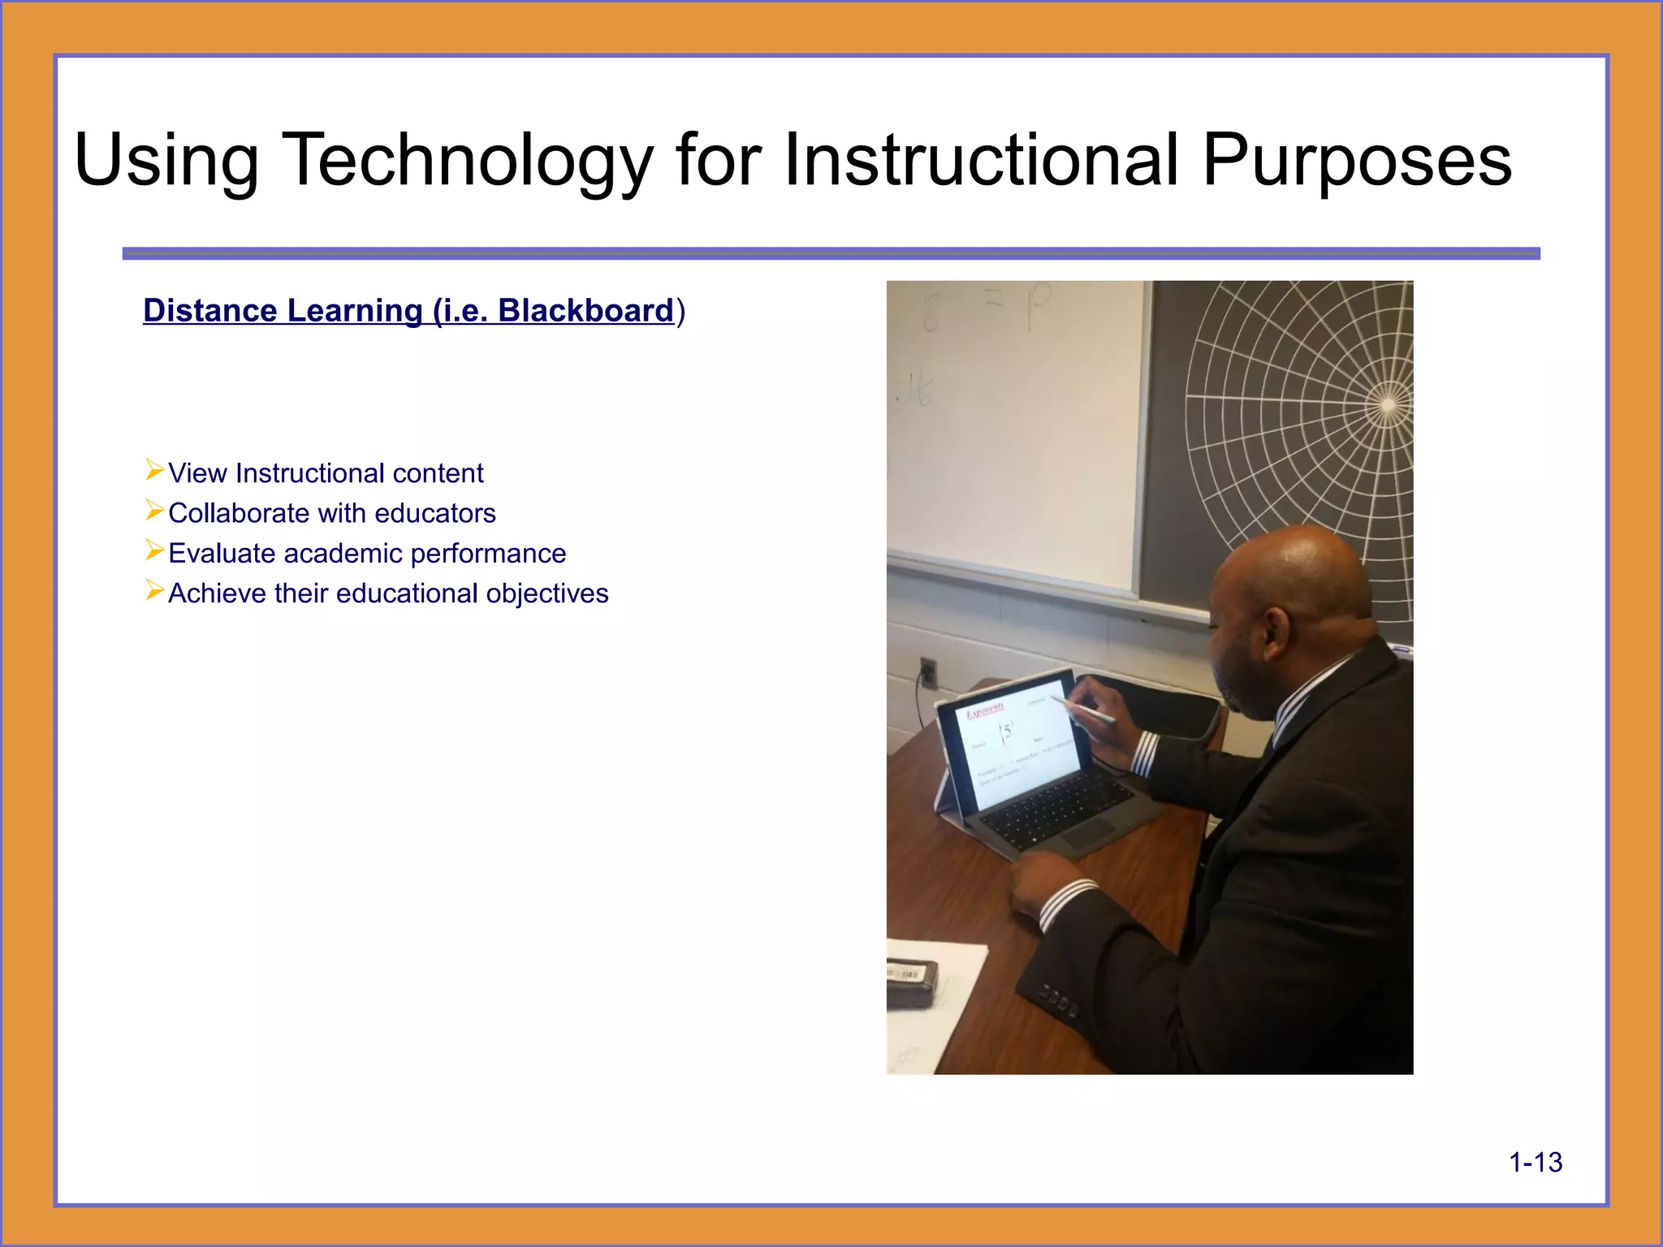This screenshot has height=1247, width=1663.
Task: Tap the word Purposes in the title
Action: click(1356, 161)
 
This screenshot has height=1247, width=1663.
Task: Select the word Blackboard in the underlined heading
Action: click(585, 311)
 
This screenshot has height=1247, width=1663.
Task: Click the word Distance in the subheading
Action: click(209, 311)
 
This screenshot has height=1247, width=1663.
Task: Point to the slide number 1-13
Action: click(1535, 1163)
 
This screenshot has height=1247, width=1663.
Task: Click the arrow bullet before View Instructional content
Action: click(154, 470)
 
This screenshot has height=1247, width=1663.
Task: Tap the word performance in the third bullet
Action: click(488, 554)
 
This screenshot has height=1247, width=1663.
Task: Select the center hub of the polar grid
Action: click(1387, 404)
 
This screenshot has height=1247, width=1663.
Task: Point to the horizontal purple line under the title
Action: click(831, 254)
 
